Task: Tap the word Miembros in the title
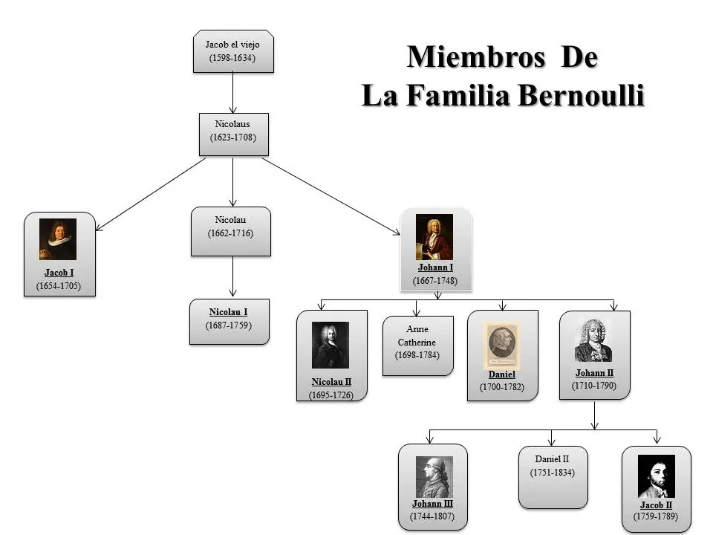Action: coord(476,57)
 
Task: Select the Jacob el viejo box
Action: coord(233,51)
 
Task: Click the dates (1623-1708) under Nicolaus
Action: coord(232,137)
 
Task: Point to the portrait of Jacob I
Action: coord(58,239)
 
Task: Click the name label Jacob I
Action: coord(59,273)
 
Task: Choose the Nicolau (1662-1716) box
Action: coord(231,232)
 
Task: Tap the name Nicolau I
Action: coord(228,312)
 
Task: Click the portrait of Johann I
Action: coord(434,237)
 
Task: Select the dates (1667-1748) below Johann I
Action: coord(435,281)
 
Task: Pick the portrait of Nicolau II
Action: coord(330,346)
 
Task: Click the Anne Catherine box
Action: coord(418,346)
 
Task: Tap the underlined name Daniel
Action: coord(501,374)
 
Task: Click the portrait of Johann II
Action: coord(593,340)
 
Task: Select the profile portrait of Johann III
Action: coord(434,477)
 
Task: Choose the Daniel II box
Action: coord(553,477)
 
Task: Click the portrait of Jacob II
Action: coord(656,476)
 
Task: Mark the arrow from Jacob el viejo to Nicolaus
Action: coord(232,93)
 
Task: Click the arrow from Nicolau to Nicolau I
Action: coord(232,276)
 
